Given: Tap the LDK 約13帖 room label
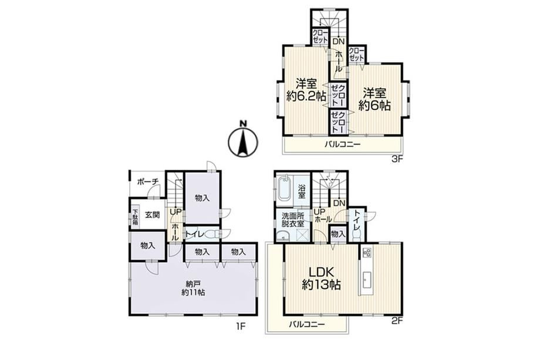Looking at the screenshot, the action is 321,278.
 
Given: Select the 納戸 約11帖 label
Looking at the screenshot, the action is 193,288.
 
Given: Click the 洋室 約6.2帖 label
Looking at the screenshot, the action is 306,90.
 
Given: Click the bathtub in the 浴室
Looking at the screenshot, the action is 285,188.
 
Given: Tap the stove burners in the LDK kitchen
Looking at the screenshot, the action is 366,253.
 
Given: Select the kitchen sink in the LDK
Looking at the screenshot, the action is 366,280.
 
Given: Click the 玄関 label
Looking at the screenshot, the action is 152,215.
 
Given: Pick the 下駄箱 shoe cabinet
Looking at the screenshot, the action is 135,217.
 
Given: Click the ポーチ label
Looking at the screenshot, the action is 147,181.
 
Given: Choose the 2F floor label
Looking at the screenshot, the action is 397,321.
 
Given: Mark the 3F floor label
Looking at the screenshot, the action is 397,159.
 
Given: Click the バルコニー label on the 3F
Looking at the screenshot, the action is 342,144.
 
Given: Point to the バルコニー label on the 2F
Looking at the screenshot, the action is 306,324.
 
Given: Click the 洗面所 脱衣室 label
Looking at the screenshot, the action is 293,220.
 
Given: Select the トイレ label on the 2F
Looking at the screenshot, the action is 356,223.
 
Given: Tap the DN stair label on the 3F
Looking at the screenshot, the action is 338,42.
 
